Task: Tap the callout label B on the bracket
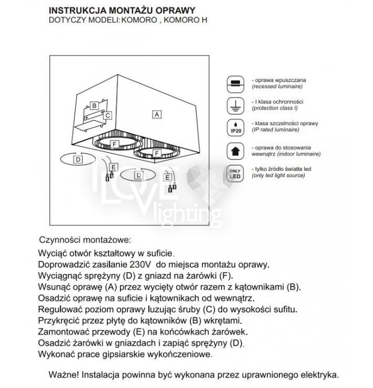point(94,106)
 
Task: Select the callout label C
point(107,116)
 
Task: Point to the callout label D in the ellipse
point(77,161)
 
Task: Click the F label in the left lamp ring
point(114,143)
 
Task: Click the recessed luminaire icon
point(234,83)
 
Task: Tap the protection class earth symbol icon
point(234,104)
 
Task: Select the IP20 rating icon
point(234,127)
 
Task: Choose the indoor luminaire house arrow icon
point(234,150)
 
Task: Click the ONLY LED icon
point(234,173)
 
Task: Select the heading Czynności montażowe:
point(85,239)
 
